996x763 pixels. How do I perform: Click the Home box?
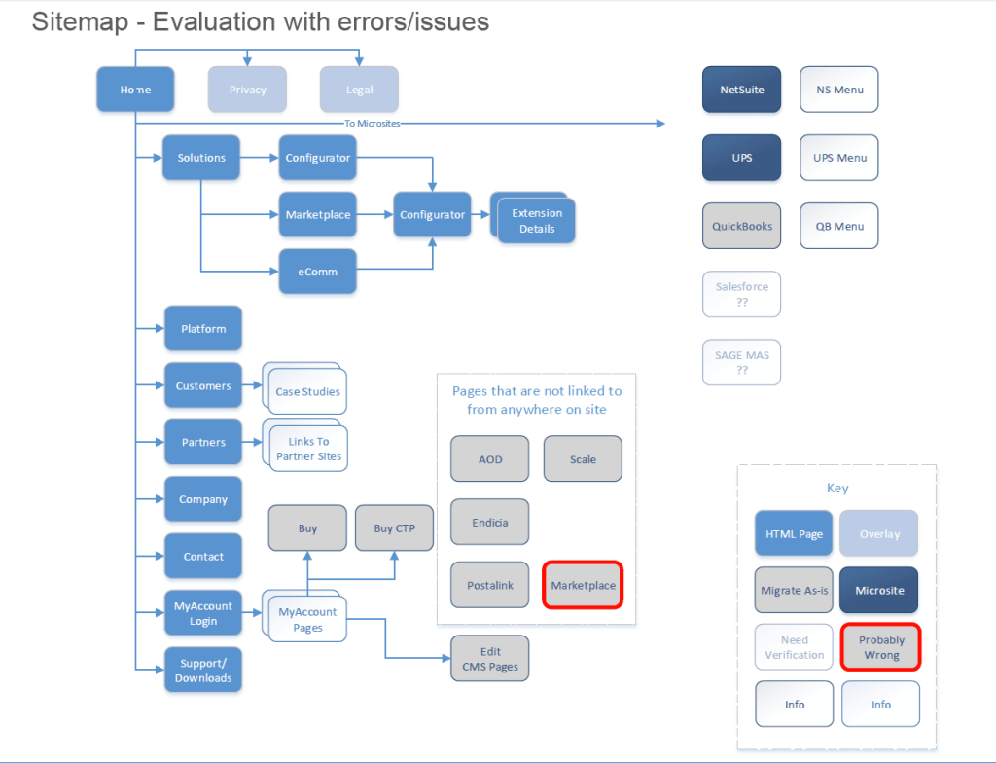coord(135,90)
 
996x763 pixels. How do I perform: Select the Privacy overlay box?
coord(247,90)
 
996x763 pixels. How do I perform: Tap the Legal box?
coord(359,90)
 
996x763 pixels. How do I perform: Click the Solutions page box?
coord(201,158)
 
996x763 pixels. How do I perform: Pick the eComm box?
coord(318,272)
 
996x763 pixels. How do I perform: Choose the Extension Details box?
coord(537,221)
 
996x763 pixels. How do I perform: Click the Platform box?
coord(203,329)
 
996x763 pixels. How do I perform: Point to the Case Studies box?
coord(307,392)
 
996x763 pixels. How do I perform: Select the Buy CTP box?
coord(394,528)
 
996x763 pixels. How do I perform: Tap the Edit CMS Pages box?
coord(490,659)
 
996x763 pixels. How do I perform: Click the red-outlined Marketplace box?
coord(583,585)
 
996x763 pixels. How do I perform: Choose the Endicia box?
coord(490,523)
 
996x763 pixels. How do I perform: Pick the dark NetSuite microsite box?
coord(741,90)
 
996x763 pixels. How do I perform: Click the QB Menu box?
coord(838,226)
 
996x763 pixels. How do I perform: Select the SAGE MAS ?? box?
coord(741,362)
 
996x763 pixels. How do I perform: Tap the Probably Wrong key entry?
coord(880,647)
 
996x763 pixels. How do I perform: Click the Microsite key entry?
coord(879,591)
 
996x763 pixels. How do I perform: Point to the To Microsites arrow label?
coord(373,124)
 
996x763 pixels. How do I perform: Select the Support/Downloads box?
coord(203,671)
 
